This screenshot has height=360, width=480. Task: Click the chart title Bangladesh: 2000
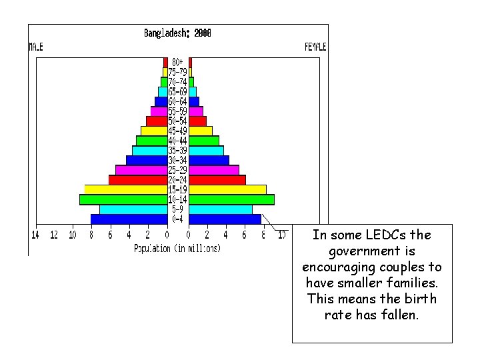177,33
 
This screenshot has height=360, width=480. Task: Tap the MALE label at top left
35,47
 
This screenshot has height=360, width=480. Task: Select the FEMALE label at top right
315,47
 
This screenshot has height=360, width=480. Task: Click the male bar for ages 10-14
123,199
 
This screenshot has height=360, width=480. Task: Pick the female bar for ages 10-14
231,199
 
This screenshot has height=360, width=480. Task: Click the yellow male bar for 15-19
125,189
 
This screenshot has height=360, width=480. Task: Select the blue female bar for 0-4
225,219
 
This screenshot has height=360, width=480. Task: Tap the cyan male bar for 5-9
133,209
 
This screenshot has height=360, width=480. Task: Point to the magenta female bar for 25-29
214,170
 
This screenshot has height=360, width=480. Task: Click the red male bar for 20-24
137,180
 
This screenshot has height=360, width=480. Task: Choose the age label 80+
177,62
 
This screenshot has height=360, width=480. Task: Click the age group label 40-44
177,141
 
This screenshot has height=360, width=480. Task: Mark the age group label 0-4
177,219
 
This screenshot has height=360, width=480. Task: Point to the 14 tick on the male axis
35,235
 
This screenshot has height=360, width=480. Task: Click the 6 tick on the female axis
245,235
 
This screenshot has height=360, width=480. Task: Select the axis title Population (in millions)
177,248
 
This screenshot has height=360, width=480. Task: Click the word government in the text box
372,251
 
